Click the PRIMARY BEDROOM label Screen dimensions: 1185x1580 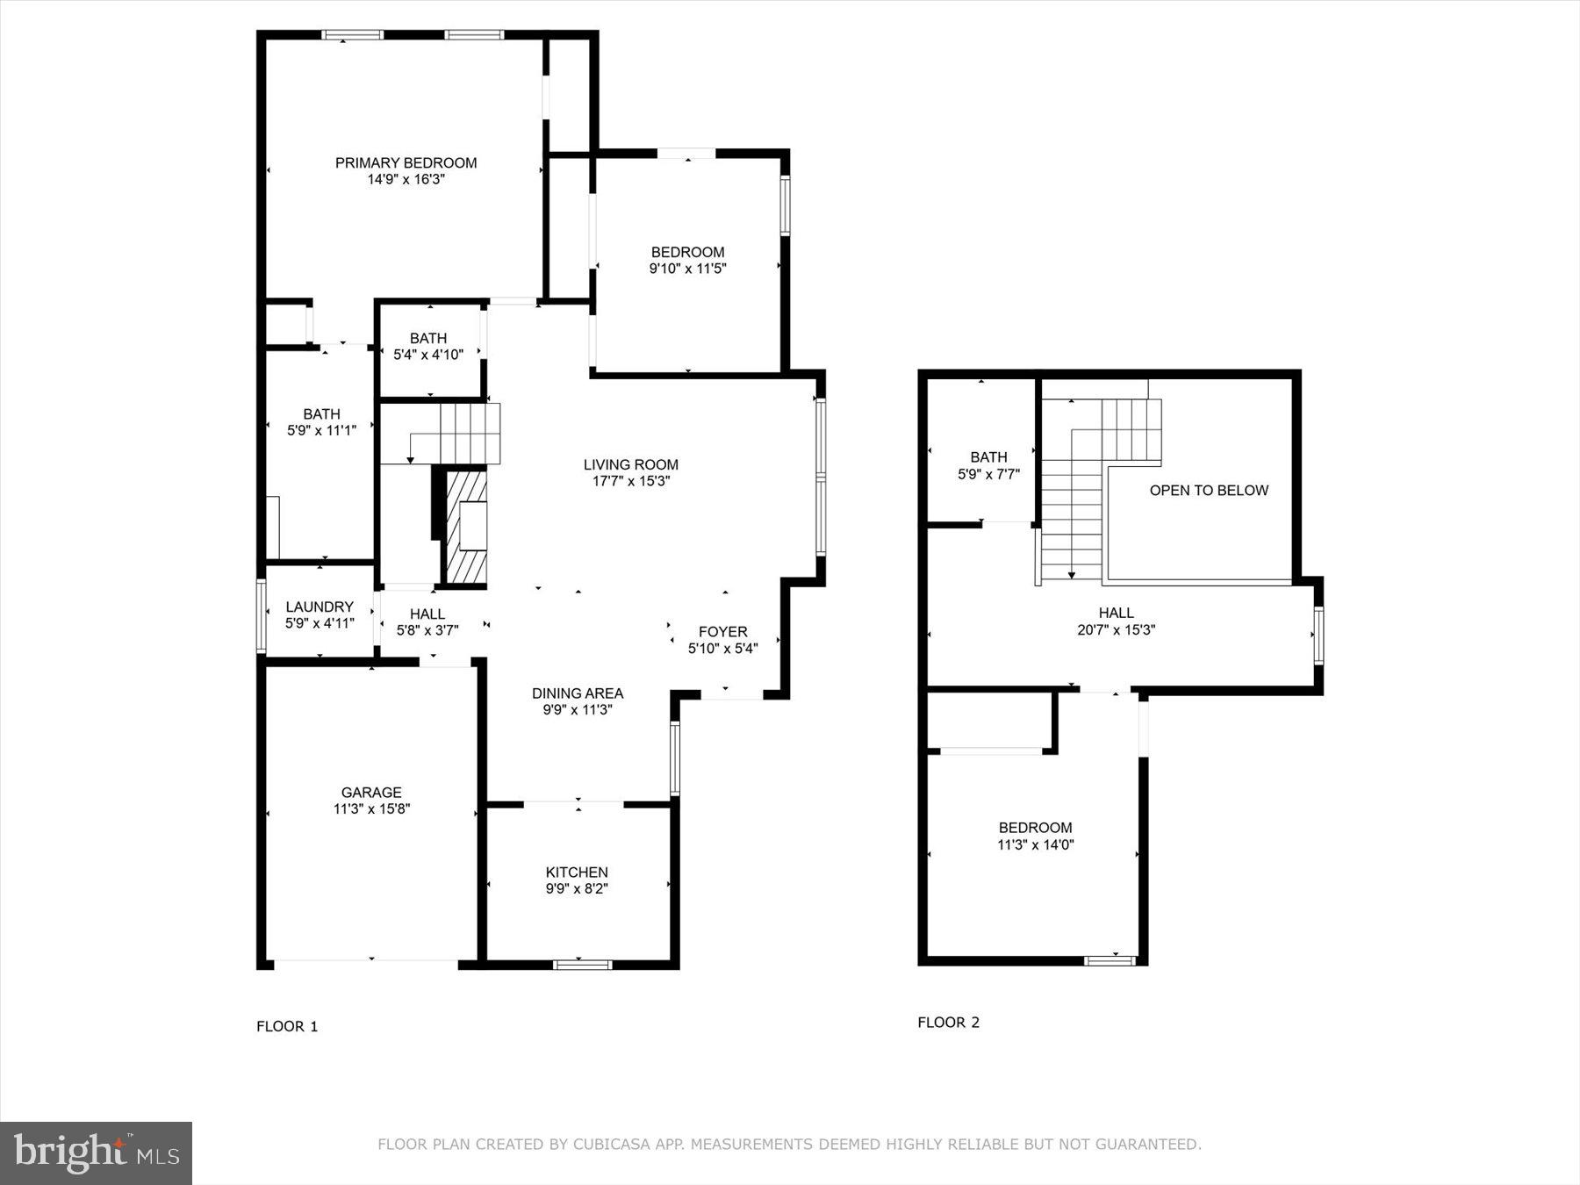tap(406, 162)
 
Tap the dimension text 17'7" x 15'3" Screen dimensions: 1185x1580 tap(631, 481)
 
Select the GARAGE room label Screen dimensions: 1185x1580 tap(371, 792)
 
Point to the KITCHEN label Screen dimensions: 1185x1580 tap(577, 872)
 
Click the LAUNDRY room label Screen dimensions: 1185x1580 tap(320, 607)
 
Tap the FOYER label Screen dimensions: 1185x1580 tap(722, 631)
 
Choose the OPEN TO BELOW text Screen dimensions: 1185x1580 tap(1209, 490)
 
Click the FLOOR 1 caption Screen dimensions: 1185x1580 tap(287, 1026)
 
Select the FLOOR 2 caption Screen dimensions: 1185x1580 tap(948, 1022)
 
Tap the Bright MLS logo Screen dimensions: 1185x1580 tap(96, 1153)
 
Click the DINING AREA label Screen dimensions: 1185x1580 tap(577, 693)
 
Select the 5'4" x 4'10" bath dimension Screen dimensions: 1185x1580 tap(428, 355)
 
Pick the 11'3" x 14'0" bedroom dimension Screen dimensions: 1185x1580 tap(1035, 844)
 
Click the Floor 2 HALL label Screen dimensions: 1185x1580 tap(1116, 613)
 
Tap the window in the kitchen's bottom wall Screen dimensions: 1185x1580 tap(582, 965)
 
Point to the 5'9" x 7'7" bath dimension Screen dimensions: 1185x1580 tap(988, 474)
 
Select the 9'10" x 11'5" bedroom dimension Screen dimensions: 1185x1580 tap(687, 269)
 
